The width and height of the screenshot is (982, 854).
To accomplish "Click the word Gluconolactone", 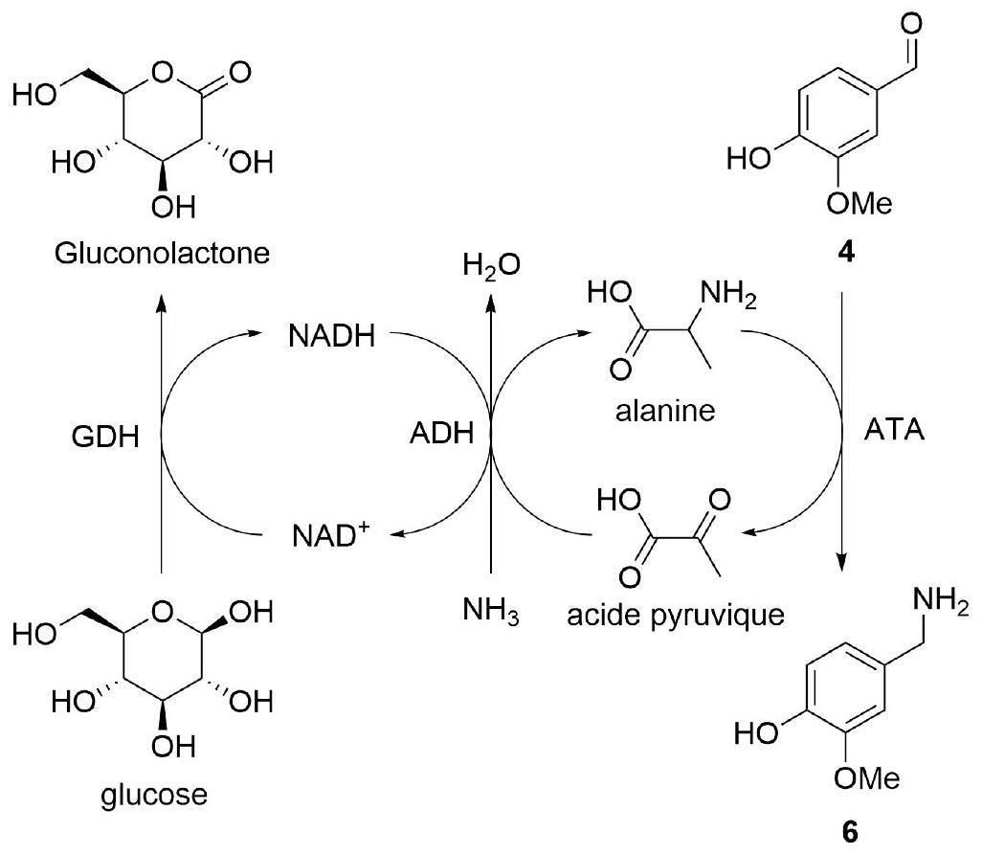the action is pyautogui.click(x=162, y=253).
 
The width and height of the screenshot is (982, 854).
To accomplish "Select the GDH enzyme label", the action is pyautogui.click(x=105, y=437).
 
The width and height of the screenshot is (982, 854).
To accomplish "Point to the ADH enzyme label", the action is pyautogui.click(x=441, y=433).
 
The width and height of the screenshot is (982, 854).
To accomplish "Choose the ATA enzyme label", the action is pyautogui.click(x=894, y=430).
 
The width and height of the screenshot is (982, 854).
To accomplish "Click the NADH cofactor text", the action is pyautogui.click(x=332, y=336).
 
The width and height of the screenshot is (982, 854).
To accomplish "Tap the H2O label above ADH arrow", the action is pyautogui.click(x=492, y=265).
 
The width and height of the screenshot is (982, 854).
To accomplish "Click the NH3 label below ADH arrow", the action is pyautogui.click(x=491, y=610).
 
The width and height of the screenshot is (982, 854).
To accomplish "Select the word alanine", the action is pyautogui.click(x=665, y=411).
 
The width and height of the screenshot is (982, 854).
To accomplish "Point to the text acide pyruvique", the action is pyautogui.click(x=676, y=616).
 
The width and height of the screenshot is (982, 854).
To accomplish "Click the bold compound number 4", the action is pyautogui.click(x=846, y=253).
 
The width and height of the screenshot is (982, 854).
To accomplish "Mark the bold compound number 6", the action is pyautogui.click(x=849, y=832).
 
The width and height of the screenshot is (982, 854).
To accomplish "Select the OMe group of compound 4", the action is pyautogui.click(x=859, y=203).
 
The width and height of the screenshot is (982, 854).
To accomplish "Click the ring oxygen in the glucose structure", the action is pyautogui.click(x=162, y=611).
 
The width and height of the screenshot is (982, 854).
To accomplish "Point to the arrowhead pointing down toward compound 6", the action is pyautogui.click(x=841, y=562).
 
